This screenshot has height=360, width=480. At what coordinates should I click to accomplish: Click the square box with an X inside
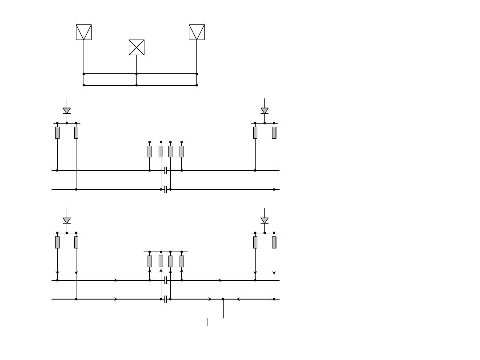click(x=136, y=47)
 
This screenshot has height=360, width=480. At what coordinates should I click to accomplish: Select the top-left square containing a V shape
click(x=84, y=32)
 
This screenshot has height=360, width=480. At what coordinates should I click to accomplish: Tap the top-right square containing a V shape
click(x=197, y=32)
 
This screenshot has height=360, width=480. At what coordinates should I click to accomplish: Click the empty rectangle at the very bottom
click(x=223, y=322)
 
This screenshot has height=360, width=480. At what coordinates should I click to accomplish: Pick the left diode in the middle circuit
click(x=67, y=110)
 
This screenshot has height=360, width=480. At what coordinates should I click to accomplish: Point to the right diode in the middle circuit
click(x=264, y=110)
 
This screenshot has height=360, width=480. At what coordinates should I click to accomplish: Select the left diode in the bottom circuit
click(x=67, y=220)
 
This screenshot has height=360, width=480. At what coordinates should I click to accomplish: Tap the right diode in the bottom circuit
click(x=264, y=220)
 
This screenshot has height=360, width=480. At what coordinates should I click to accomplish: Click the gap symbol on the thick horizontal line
click(x=165, y=170)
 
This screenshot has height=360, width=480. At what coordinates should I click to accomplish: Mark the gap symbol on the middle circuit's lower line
click(x=165, y=189)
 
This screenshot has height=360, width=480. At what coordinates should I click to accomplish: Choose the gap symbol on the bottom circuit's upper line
click(x=165, y=280)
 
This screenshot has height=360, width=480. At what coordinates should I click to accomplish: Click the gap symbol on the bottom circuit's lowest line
click(x=165, y=299)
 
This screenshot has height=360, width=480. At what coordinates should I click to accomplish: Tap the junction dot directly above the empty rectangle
click(x=223, y=299)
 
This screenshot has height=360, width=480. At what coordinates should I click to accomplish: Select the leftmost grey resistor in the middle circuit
click(x=57, y=132)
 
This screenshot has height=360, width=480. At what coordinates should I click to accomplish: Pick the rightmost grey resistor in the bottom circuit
click(x=274, y=242)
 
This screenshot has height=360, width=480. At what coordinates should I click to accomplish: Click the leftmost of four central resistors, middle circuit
click(x=150, y=152)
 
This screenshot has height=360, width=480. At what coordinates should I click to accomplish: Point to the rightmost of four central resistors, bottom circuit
click(x=182, y=261)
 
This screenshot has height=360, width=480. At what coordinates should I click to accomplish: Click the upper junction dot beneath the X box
click(x=136, y=74)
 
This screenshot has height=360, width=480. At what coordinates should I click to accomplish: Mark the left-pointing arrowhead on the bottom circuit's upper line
click(x=220, y=280)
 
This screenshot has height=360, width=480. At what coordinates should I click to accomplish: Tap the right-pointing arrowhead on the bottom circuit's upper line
click(x=116, y=280)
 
